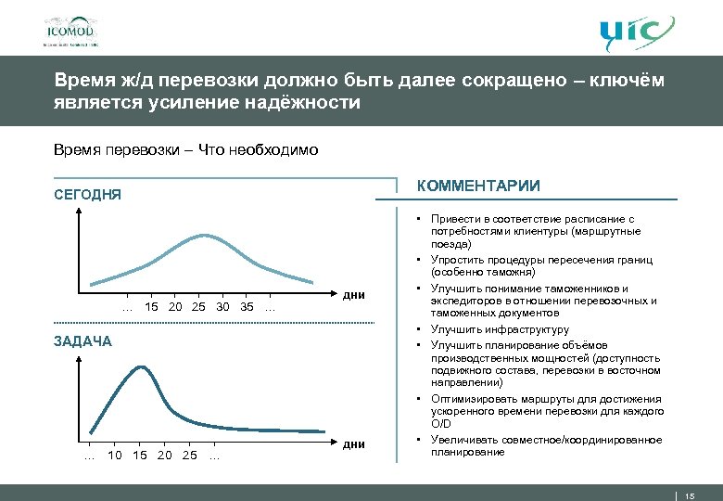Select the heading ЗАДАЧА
click(82, 340)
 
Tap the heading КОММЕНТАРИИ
click(478, 186)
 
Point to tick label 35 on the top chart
click(246, 307)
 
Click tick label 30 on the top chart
click(222, 307)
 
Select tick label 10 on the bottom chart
click(115, 455)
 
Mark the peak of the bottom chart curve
click(140, 367)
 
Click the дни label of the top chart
click(353, 296)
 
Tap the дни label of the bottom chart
click(353, 444)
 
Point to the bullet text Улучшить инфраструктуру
click(500, 329)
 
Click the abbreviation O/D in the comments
click(440, 424)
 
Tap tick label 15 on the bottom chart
click(139, 455)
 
